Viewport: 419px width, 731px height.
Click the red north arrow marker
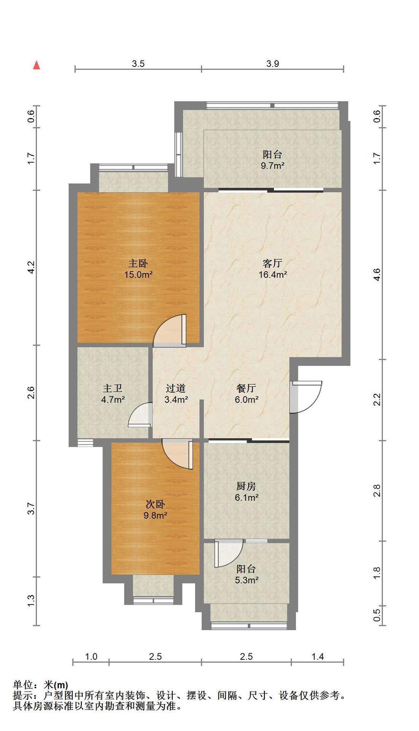37,65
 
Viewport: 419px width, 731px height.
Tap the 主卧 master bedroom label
138,263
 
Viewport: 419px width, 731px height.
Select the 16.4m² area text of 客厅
272,275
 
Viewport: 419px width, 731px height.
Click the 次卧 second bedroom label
155,504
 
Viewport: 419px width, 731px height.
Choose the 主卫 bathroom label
112,389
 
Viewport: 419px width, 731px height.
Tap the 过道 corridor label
176,389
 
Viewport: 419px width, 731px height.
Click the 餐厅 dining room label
246,389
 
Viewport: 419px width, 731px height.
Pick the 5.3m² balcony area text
247,580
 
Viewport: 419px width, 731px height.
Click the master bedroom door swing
170,330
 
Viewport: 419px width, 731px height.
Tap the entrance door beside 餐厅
306,397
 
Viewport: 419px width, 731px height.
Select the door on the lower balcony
228,553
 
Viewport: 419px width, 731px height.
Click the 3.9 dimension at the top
272,64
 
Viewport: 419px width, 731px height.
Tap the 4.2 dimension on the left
31,267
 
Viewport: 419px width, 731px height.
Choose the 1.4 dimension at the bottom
317,656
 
